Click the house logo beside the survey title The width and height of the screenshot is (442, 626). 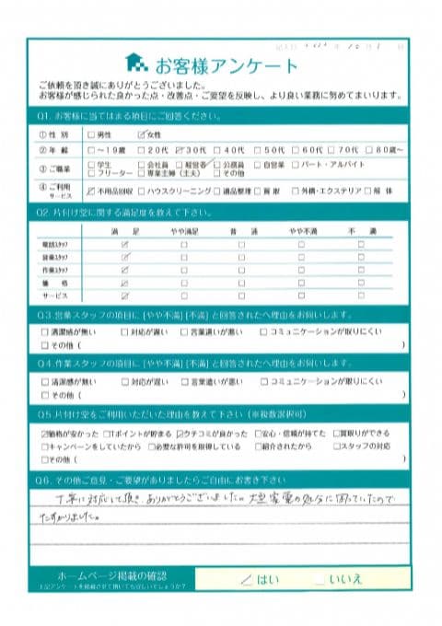tap(135, 64)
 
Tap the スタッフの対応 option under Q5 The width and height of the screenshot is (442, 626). tap(368, 446)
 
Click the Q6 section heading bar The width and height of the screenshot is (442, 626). tap(221, 480)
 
